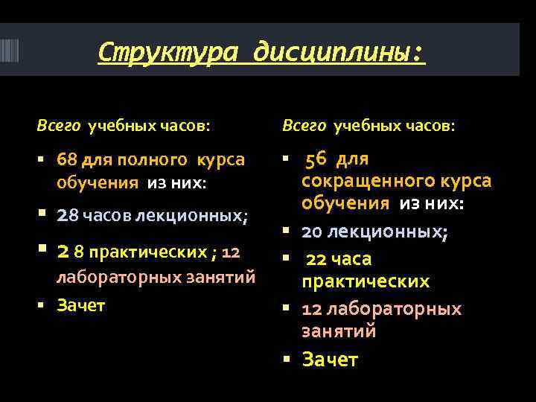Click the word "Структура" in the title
click(x=169, y=51)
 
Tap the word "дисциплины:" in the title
click(x=339, y=51)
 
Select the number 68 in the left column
click(x=67, y=160)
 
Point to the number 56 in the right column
click(x=316, y=159)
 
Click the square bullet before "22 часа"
click(x=285, y=259)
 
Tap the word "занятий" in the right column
click(x=339, y=331)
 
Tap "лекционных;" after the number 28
click(x=202, y=216)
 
